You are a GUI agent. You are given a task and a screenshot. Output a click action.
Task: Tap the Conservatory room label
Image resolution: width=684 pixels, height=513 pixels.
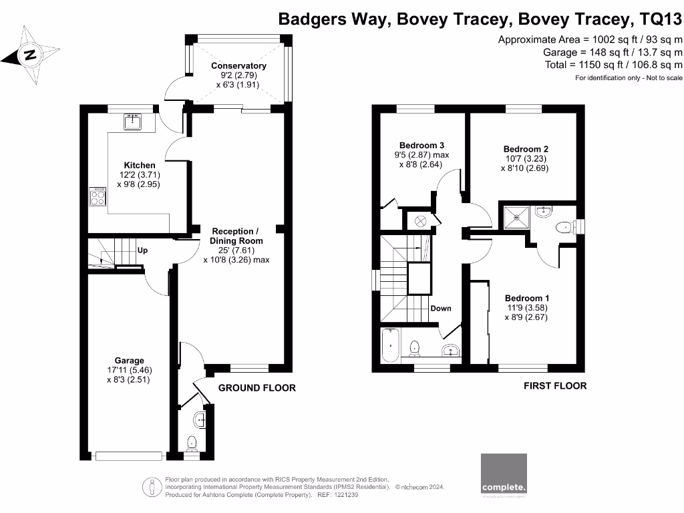238,65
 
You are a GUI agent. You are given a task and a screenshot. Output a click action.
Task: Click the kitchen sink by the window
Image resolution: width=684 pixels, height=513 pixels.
132,121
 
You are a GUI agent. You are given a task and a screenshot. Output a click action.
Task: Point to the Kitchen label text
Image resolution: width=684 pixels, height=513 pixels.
140,165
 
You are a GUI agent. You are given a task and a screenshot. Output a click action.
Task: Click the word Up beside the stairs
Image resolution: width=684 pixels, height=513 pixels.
142,250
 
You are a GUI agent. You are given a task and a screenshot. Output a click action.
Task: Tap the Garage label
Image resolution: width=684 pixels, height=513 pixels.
128,361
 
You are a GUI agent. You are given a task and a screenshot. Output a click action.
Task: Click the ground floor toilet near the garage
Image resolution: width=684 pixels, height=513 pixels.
192,442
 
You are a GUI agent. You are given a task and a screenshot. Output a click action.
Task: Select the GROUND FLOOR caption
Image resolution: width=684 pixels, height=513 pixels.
257,388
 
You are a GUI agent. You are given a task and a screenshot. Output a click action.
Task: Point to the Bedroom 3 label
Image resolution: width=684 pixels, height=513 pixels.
421,145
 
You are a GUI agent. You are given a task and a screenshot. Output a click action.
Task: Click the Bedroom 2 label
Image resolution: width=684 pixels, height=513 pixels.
526,149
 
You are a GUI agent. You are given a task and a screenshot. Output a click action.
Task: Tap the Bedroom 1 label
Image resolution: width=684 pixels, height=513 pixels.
527,298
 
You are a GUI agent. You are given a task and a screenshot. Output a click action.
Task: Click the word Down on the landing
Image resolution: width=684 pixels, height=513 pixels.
440,309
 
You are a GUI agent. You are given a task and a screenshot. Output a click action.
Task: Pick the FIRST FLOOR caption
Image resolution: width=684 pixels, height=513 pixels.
555,385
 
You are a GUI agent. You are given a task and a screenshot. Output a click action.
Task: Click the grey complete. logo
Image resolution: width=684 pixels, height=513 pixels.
504,475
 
